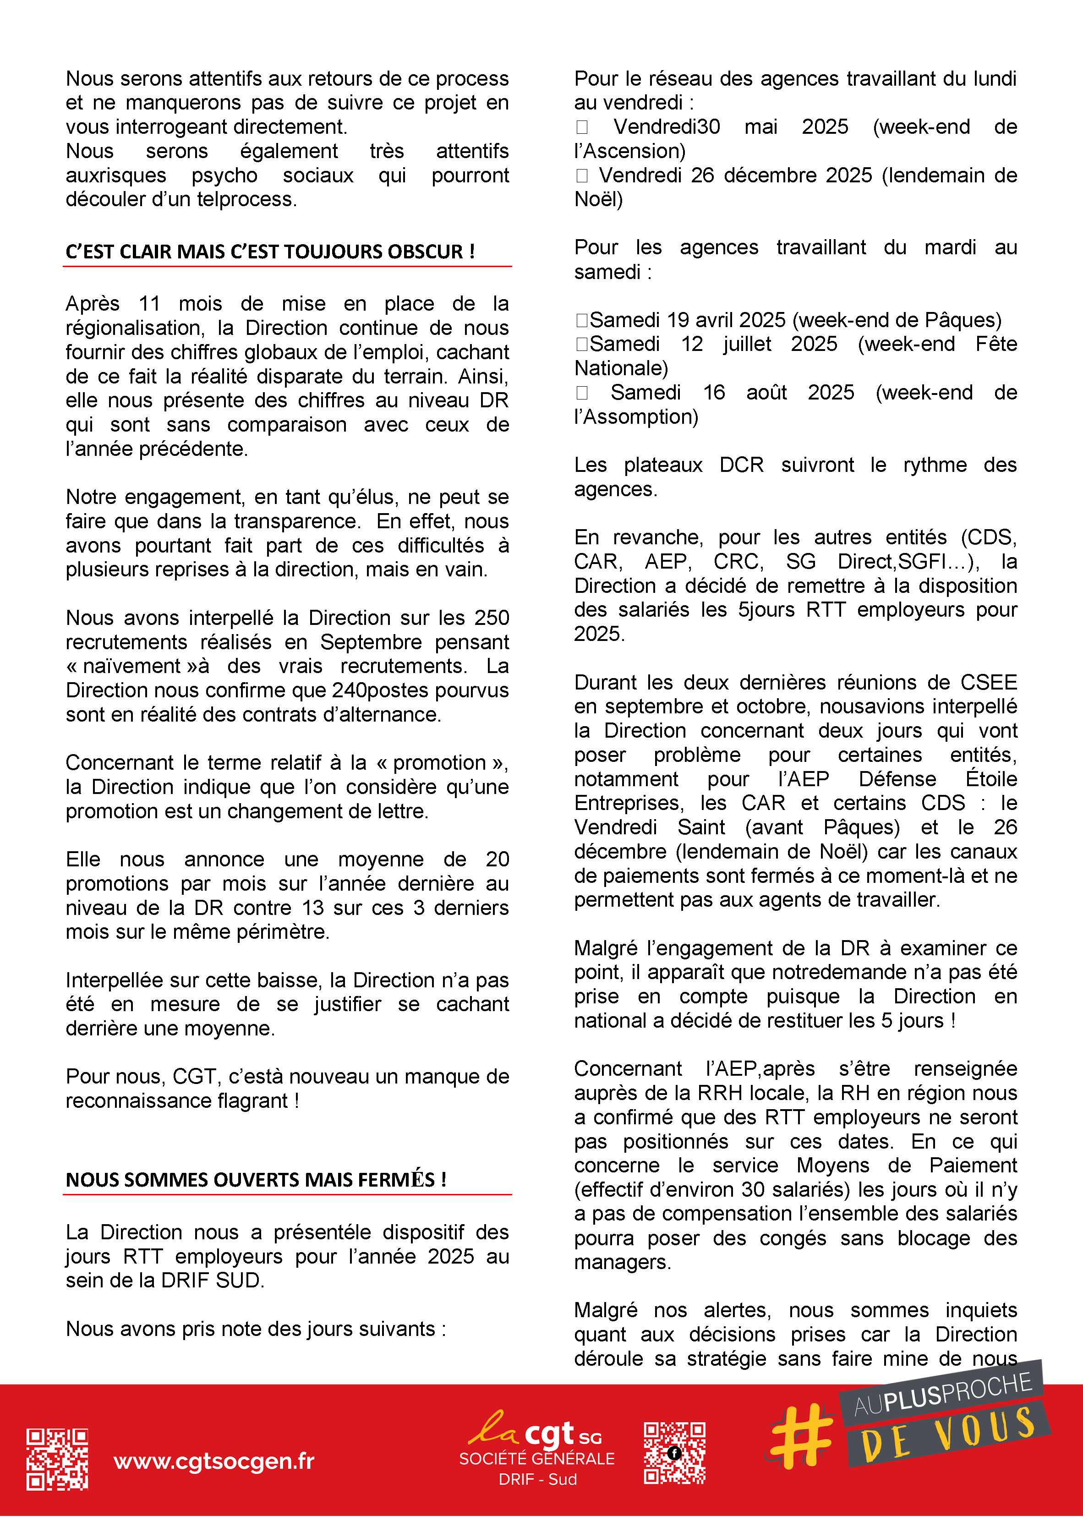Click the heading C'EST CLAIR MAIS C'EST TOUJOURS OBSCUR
tap(270, 252)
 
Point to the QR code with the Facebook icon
tap(674, 1452)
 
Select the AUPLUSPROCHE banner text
tap(942, 1396)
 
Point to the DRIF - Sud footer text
tap(537, 1479)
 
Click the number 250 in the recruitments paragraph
tap(492, 618)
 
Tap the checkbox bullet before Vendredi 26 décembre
tap(582, 175)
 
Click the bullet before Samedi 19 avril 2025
tap(582, 320)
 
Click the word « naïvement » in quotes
tap(132, 666)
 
